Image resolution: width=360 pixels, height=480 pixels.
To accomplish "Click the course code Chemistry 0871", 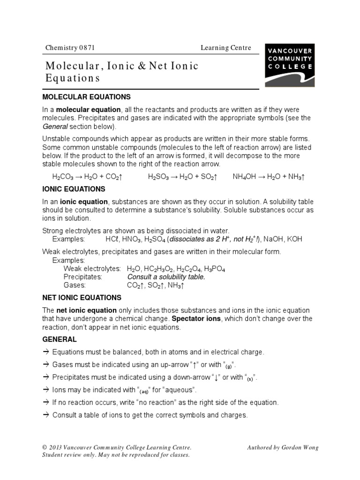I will (70, 48).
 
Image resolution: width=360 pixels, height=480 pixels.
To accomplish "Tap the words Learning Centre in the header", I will (226, 48).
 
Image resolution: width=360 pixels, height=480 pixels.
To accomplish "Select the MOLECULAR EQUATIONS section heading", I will (86, 97).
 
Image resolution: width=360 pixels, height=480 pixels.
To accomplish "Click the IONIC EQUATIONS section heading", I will (74, 189).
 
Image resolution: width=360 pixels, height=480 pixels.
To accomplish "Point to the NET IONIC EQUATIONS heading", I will (82, 298).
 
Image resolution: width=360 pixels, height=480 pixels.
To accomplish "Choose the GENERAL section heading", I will (60, 339).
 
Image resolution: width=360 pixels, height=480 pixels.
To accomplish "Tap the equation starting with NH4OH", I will (269, 177).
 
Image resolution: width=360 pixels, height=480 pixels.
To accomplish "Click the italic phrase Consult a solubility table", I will (166, 277).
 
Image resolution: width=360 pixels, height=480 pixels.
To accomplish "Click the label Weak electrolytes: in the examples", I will (92, 269).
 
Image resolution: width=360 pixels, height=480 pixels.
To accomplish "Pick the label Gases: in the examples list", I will (75, 285).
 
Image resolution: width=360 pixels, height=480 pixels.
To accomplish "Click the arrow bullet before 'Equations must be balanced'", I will (46, 352).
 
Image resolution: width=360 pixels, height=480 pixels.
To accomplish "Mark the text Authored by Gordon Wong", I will (283, 448).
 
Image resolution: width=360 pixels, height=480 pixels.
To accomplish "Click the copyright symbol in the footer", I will (45, 448).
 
